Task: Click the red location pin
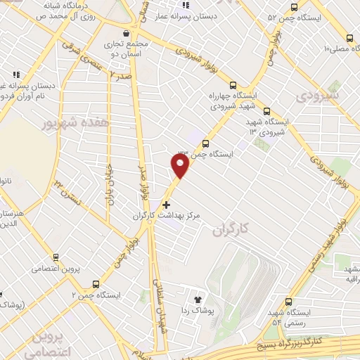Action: tap(180, 165)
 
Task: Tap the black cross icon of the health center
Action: tap(166, 205)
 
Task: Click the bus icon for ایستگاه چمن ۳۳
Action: tap(205, 143)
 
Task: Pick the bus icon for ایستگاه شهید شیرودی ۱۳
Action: tap(266, 110)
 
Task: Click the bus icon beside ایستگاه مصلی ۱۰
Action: tap(349, 39)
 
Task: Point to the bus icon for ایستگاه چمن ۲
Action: tap(96, 284)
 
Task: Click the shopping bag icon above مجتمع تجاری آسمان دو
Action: tap(126, 33)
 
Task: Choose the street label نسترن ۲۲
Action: tap(69, 191)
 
